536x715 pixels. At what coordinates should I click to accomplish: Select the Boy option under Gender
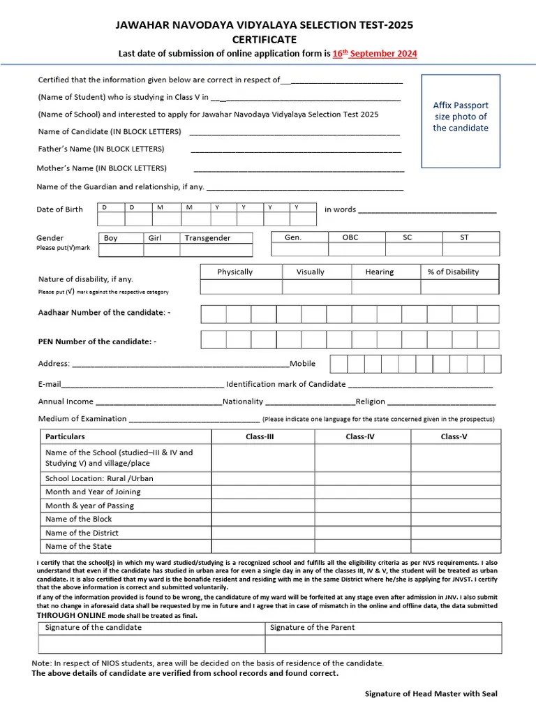[x=111, y=238]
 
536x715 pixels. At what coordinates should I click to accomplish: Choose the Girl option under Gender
[x=154, y=238]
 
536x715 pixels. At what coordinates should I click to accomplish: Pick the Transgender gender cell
[x=207, y=238]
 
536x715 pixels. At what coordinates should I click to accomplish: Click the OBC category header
[x=350, y=237]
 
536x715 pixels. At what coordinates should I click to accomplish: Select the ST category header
[x=464, y=237]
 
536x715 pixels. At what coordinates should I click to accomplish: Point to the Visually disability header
[x=310, y=272]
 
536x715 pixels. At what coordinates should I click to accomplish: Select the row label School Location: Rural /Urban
[x=99, y=478]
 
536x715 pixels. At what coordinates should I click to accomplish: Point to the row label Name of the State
[x=78, y=546]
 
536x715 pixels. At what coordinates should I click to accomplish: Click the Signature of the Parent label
[x=312, y=627]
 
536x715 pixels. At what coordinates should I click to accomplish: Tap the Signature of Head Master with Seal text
[x=431, y=694]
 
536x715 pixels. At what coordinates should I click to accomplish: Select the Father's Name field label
[x=101, y=149]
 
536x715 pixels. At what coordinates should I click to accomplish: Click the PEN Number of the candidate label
[x=97, y=341]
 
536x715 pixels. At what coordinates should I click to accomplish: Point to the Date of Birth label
[x=59, y=209]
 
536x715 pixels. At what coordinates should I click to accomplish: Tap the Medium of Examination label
[x=82, y=419]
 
